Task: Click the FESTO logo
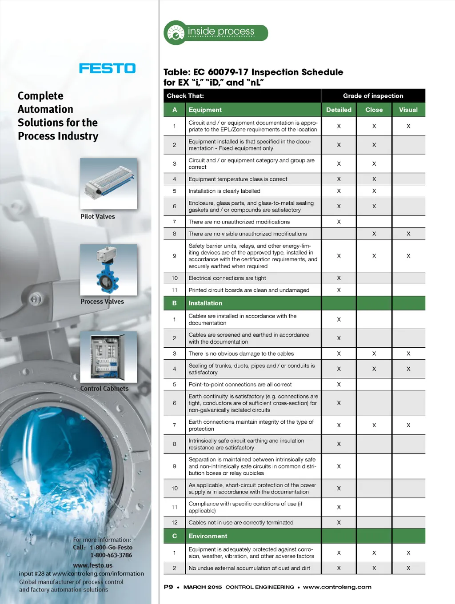coord(107,68)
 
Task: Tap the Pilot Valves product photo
coord(108,183)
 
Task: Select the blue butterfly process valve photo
coord(108,270)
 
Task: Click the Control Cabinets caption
coord(104,389)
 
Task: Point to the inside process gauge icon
coord(175,33)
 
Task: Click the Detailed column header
coord(339,110)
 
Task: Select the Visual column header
coord(408,110)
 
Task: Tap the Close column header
coord(374,110)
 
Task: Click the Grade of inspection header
coord(373,96)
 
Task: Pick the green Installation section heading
coord(205,303)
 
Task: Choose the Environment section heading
coord(208,536)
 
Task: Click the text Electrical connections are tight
coord(227,278)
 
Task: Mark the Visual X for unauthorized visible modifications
coord(408,234)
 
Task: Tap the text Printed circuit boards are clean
coord(249,290)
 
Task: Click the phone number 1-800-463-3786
coord(111,555)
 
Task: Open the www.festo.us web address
coord(93,565)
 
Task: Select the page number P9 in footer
coord(168,587)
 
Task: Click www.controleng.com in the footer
coord(337,587)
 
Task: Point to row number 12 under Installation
coord(175,523)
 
